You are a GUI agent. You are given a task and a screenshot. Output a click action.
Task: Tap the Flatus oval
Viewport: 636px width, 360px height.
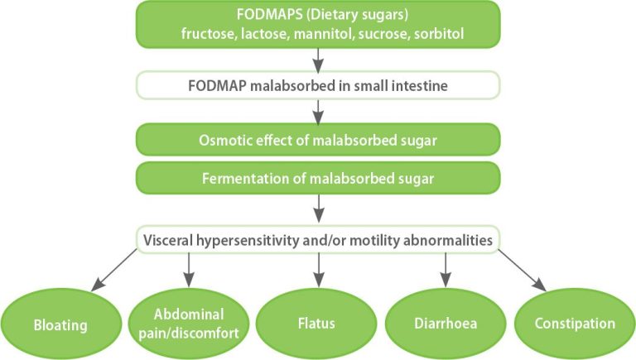317,324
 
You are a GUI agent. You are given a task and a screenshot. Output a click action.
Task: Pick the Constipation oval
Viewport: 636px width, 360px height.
574,324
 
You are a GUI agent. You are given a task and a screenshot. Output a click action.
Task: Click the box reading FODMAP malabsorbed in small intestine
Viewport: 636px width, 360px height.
318,84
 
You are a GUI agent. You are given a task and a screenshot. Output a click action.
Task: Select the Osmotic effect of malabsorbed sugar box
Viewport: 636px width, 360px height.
318,140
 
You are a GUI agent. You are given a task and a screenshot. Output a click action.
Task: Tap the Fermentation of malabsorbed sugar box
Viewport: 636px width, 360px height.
318,177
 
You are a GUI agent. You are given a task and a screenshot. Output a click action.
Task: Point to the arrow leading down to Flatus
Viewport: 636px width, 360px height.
318,271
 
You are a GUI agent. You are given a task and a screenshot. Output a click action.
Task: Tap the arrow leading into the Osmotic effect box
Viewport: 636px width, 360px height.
318,111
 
